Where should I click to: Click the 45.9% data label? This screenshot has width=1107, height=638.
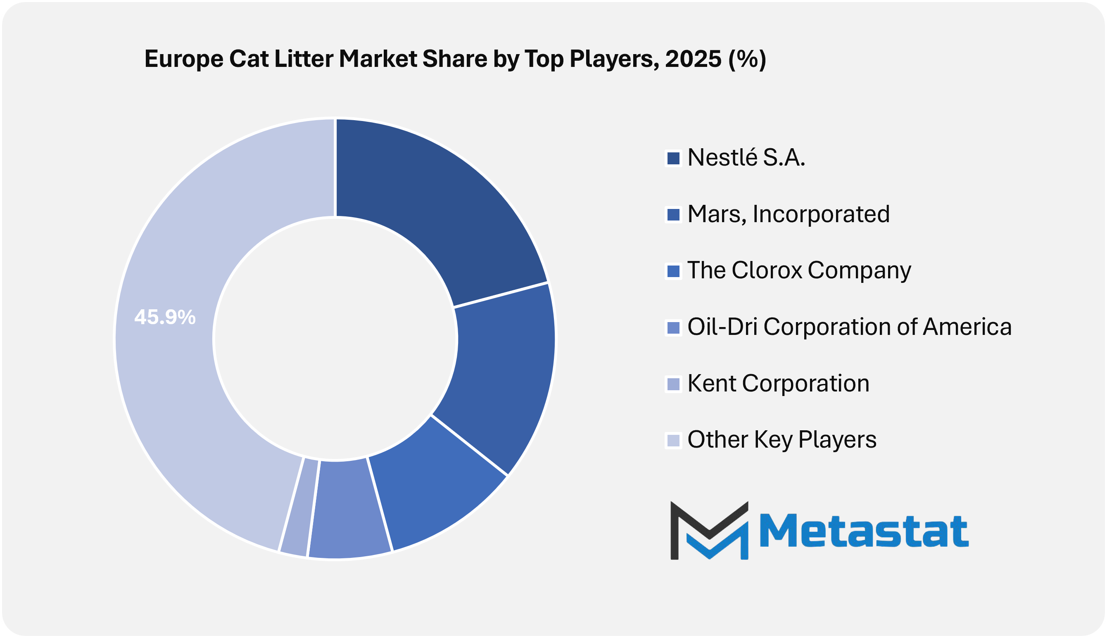[165, 317]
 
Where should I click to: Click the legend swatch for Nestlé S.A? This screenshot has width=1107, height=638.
[673, 158]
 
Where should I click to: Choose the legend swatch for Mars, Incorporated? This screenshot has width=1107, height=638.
[673, 215]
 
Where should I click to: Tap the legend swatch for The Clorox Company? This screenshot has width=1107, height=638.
[673, 271]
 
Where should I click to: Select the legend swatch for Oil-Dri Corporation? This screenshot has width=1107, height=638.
[673, 328]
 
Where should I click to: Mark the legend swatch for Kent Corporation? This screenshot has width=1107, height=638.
[673, 384]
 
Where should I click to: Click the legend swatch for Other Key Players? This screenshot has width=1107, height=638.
[673, 440]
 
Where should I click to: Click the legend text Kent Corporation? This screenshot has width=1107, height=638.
[778, 383]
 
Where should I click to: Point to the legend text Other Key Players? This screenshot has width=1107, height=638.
[782, 439]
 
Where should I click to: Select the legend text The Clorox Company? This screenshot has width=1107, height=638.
[799, 270]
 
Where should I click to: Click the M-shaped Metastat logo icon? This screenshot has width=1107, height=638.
[709, 531]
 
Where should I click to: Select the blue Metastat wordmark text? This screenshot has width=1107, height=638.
[864, 531]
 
